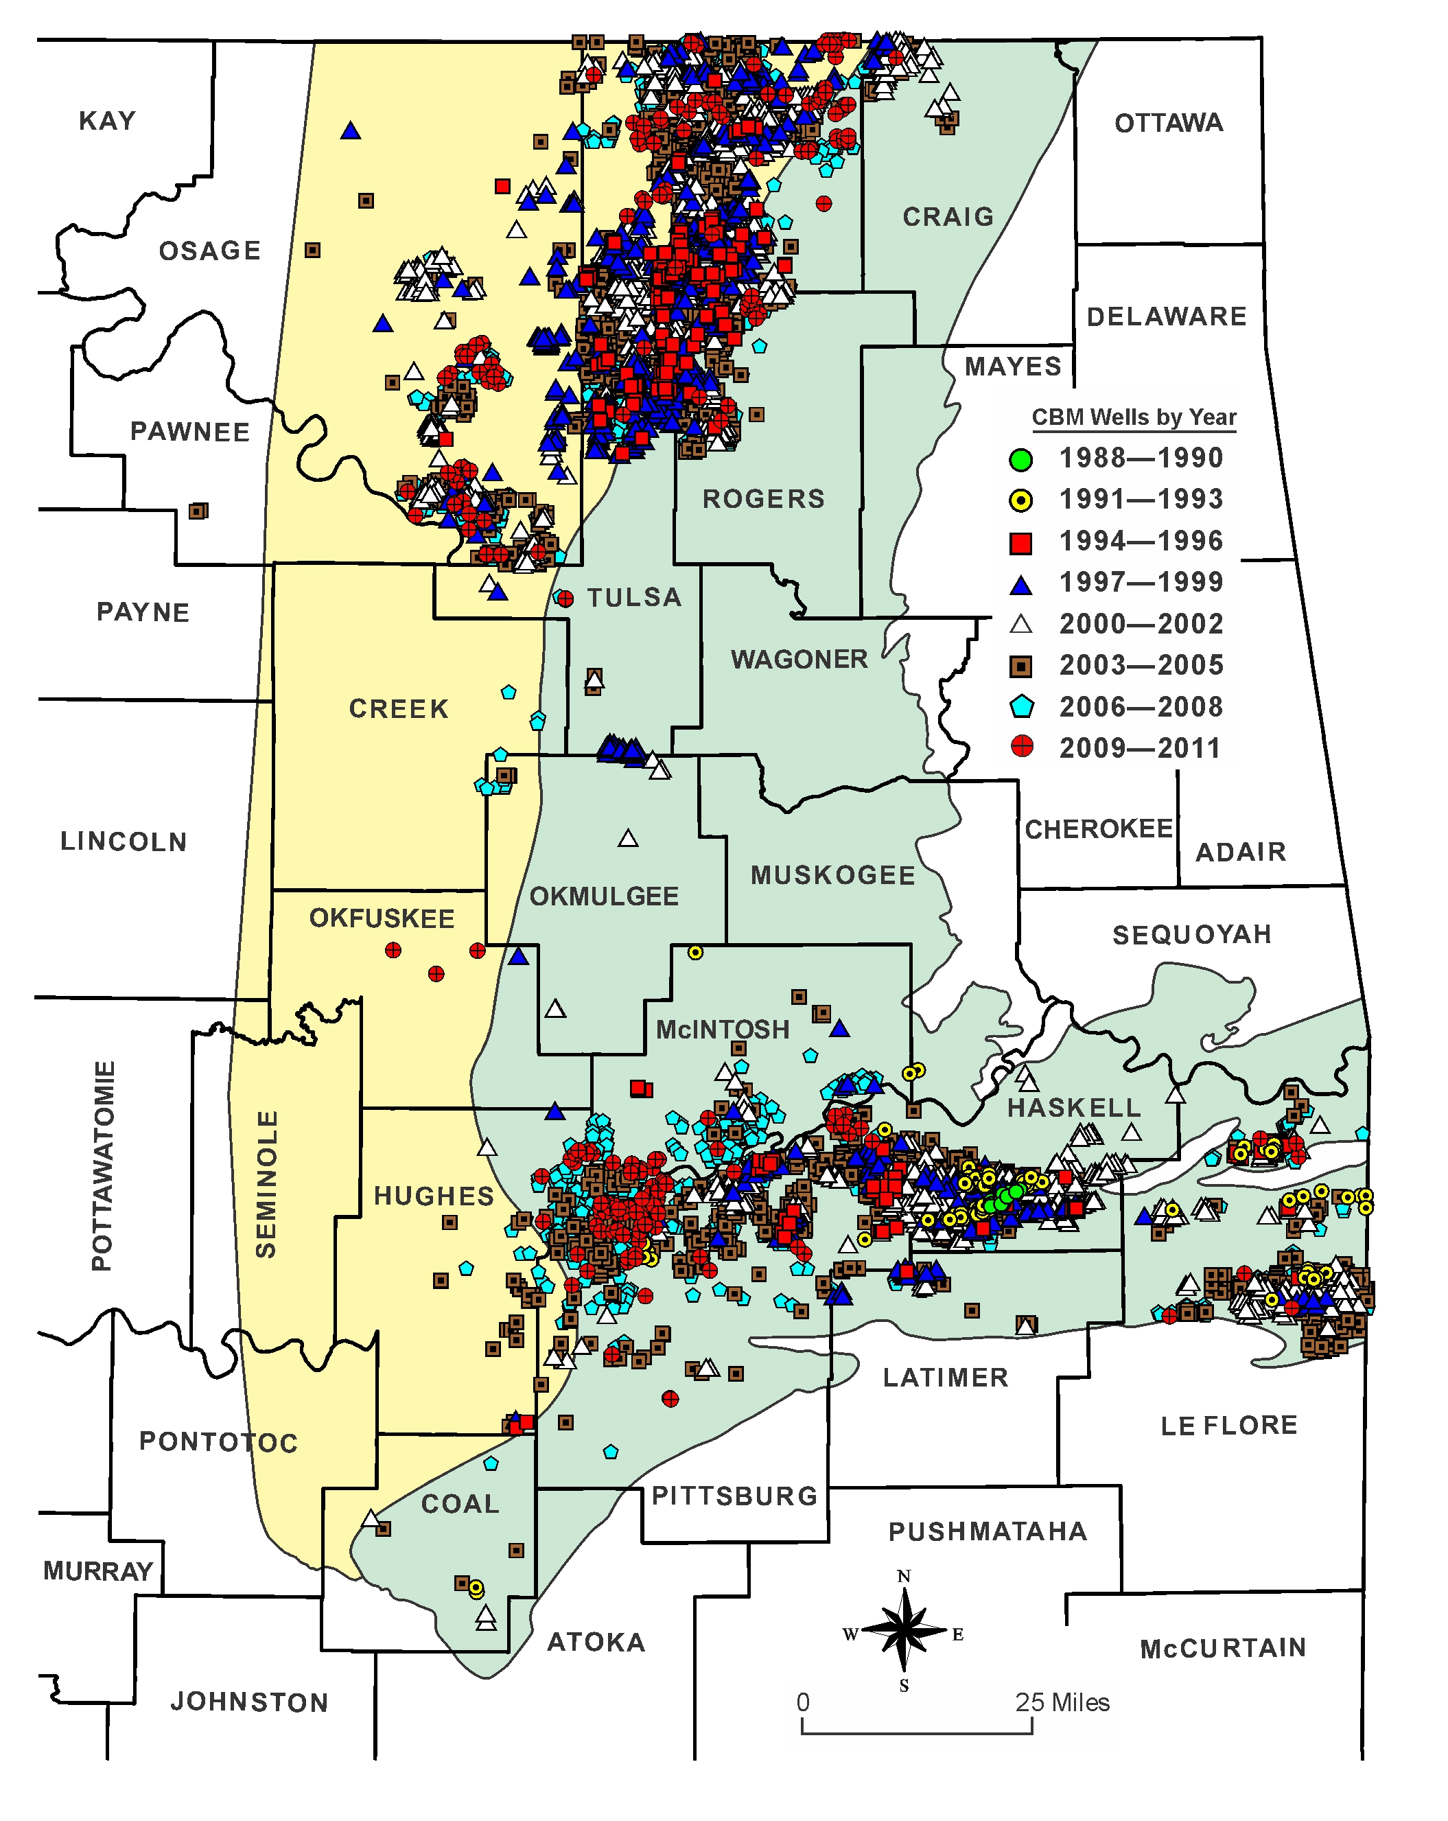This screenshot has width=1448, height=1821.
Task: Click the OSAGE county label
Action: click(209, 251)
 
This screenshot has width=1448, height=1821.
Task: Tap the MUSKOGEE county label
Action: click(832, 875)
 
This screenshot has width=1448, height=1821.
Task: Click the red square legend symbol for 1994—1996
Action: click(1020, 542)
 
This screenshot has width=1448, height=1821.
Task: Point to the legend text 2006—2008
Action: click(1141, 707)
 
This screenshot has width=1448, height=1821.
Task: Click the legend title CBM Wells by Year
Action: click(1133, 417)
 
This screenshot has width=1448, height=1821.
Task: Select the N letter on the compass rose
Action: click(903, 1577)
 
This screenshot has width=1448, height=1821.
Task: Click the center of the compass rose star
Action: click(903, 1630)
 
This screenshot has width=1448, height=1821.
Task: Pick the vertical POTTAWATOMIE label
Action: click(103, 1165)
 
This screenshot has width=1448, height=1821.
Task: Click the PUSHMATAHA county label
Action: click(987, 1531)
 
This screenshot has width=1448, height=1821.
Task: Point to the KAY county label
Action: click(107, 121)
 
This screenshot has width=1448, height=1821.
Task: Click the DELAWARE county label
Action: click(1166, 316)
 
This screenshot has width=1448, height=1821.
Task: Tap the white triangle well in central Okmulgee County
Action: click(627, 839)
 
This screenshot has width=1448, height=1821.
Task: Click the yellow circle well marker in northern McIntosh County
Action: click(695, 953)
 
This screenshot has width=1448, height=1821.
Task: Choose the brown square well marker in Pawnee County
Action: click(198, 511)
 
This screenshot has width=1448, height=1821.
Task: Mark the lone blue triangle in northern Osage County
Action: click(351, 131)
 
